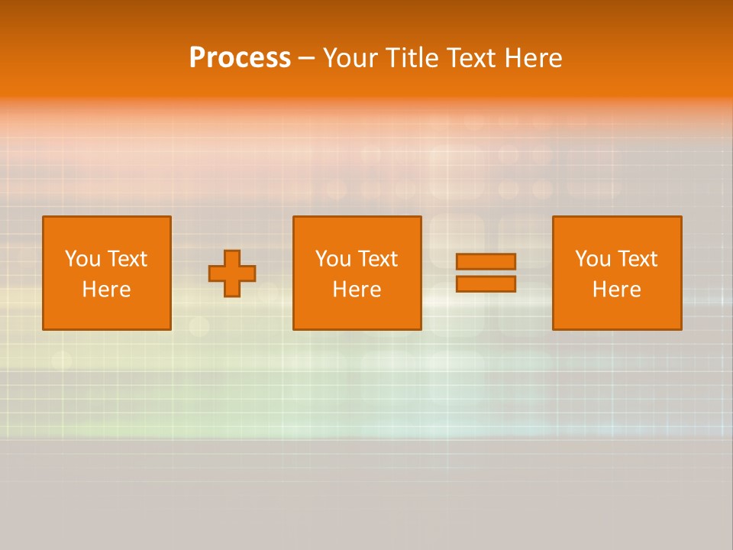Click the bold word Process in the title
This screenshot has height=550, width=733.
240,58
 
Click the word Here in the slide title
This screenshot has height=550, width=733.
533,58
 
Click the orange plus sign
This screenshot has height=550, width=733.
232,273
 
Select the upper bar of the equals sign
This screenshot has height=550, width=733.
486,261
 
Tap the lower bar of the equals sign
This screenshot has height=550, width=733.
486,284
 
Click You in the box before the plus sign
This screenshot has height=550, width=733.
82,259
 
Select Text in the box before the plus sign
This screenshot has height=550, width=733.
127,259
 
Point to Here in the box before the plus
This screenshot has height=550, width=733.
106,290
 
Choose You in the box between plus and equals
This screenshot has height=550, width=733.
333,259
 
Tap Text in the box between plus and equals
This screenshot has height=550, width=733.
377,259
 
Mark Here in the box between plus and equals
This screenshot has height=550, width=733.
357,290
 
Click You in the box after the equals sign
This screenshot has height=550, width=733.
593,259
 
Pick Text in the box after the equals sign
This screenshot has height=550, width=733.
637,259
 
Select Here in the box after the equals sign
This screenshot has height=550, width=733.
616,290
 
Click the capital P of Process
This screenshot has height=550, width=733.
197,58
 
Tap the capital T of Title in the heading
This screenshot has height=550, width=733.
389,58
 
